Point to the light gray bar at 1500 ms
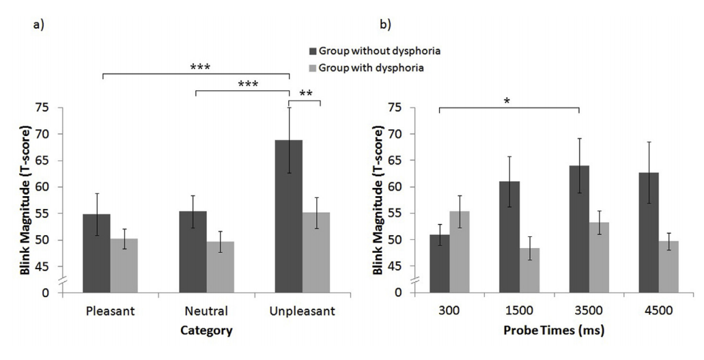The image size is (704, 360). tap(525, 270)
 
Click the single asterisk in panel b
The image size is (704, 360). tap(507, 101)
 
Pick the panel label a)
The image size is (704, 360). tap(39, 25)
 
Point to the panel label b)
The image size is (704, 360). tap(386, 25)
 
